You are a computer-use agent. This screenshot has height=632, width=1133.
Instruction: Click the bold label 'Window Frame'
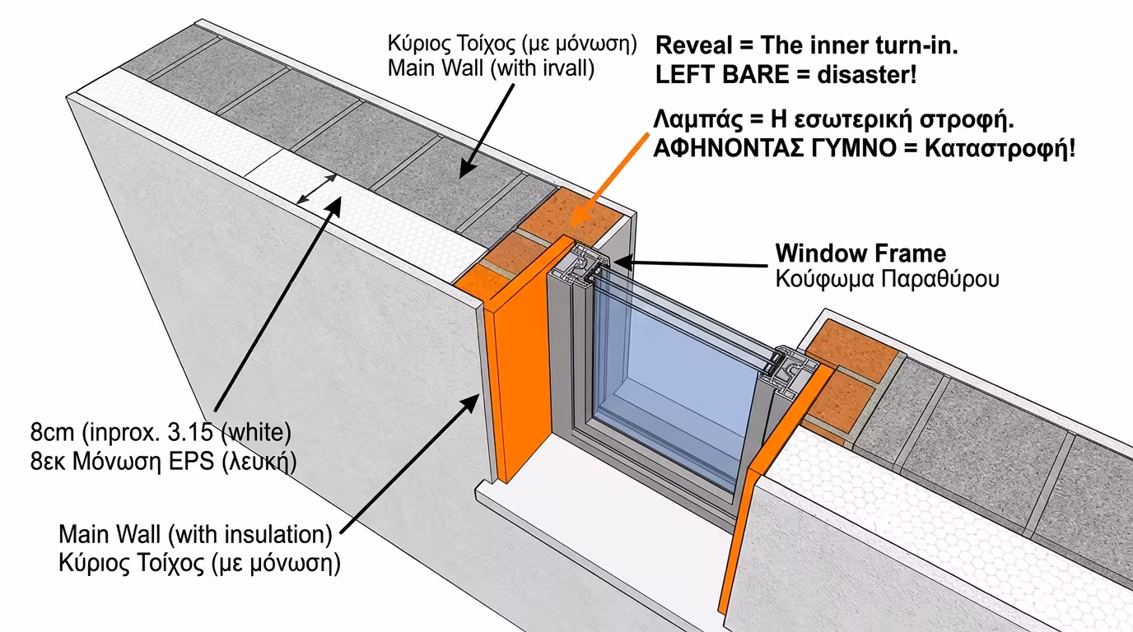click(x=860, y=253)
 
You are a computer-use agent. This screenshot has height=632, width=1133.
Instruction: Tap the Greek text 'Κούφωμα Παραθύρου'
click(x=887, y=279)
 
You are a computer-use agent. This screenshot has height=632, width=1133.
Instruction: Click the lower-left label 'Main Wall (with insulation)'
click(x=194, y=535)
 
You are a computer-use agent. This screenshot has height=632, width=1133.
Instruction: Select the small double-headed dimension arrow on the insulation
click(x=316, y=189)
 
